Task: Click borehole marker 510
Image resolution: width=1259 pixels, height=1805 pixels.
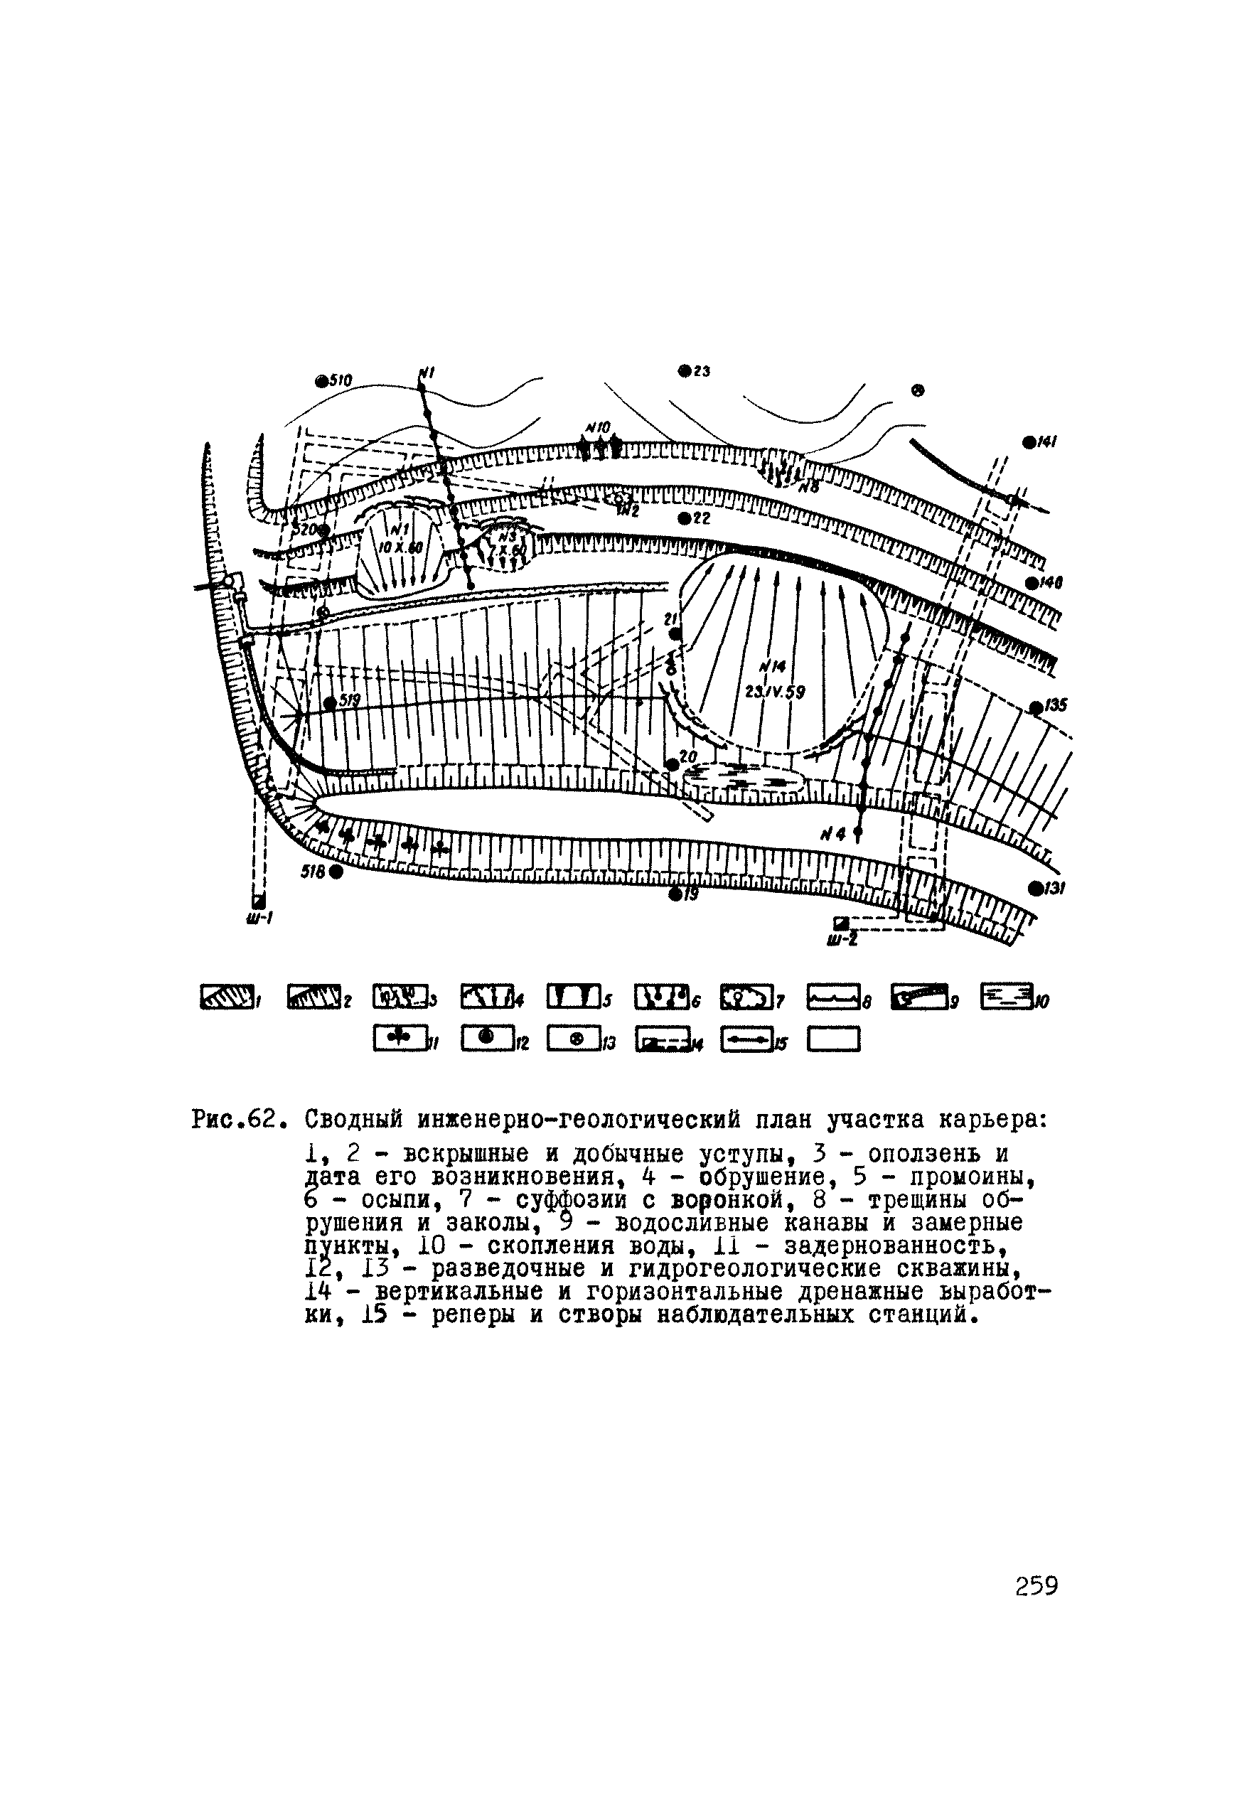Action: (321, 381)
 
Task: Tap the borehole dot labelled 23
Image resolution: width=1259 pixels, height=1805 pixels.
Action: (684, 370)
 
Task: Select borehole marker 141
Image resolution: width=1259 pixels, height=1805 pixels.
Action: (1028, 441)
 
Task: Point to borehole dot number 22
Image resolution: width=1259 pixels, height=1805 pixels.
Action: (684, 518)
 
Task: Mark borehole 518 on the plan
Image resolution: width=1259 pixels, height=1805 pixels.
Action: (336, 871)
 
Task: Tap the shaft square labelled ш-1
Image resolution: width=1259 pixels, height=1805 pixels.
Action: (258, 901)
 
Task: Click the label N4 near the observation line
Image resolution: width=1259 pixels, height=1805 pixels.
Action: (832, 836)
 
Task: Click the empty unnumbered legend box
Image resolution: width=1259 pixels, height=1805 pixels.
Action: (834, 1039)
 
